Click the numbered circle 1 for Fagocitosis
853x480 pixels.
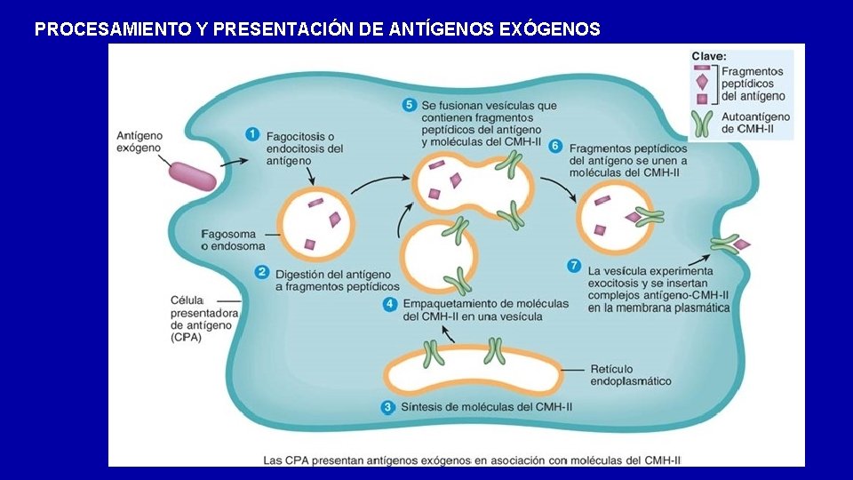[252, 135]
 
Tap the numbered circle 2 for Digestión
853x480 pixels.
[262, 273]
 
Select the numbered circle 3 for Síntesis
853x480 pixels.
[387, 407]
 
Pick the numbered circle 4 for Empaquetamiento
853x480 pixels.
[389, 304]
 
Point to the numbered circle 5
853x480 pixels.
[410, 105]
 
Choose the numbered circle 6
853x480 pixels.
[555, 146]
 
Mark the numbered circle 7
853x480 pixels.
[573, 266]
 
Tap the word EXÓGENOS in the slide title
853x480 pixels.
[550, 29]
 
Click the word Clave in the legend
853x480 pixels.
[709, 56]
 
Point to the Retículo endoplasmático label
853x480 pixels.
[631, 374]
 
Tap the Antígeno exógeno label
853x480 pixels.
[140, 142]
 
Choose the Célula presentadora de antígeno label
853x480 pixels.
[203, 318]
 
